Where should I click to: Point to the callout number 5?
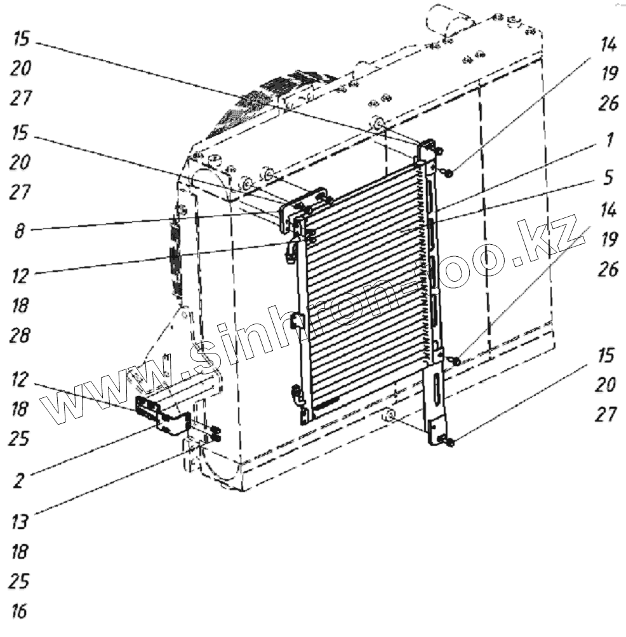608,177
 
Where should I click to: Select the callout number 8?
20,231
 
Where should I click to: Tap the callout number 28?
20,335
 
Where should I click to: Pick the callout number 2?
19,480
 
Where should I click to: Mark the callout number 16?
20,611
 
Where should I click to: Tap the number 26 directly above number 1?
608,103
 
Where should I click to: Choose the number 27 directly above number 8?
20,192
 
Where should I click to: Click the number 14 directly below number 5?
608,208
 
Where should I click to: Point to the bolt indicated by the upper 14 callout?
449,172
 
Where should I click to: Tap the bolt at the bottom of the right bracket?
450,442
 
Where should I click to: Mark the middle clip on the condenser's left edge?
296,321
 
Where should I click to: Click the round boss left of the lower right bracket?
389,416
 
